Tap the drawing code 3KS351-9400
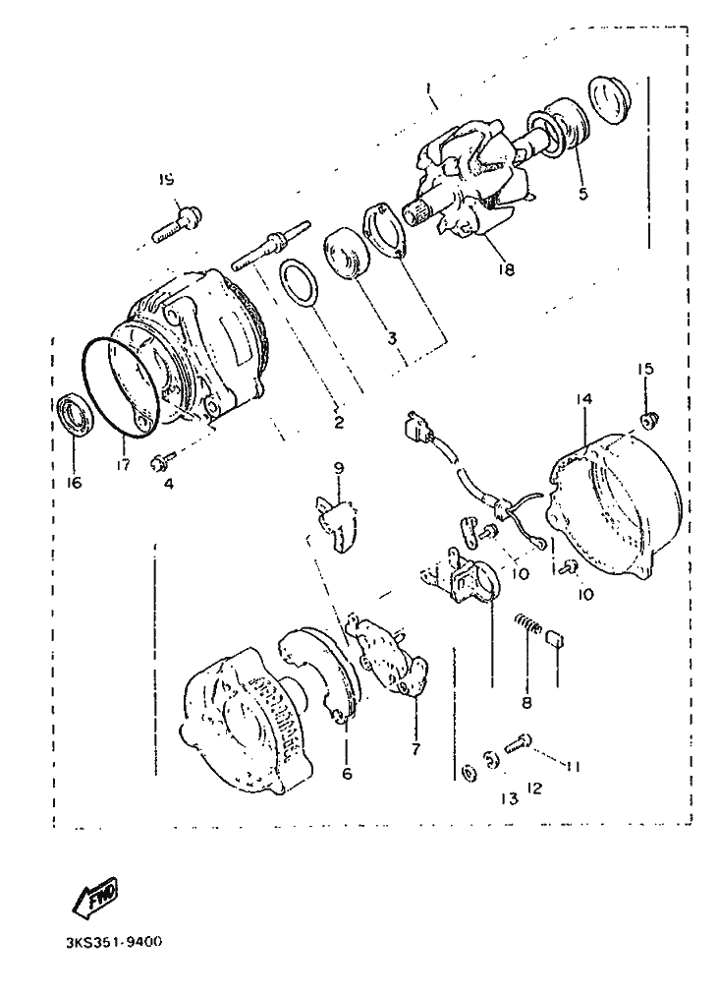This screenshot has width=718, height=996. pos(114,941)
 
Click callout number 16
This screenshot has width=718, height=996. pos(74,483)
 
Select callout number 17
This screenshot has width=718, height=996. pos(123,464)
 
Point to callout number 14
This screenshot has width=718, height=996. pos(584,399)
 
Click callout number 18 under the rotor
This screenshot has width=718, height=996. pos(506,269)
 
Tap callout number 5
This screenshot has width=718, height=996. pos(583,194)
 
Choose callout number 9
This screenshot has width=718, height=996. pos(338,468)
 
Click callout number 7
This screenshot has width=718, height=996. pos(415,749)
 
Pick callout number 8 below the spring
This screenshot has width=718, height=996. pos(526,703)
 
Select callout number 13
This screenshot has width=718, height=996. pos(509,799)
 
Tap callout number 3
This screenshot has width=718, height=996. pos(392,338)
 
